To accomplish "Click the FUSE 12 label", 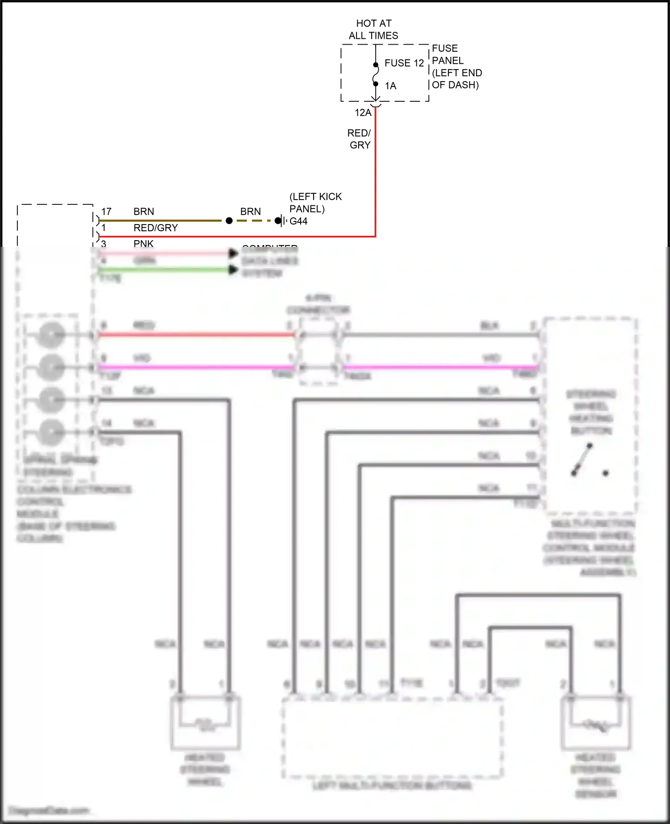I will tap(404, 63).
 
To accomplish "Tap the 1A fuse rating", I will tap(390, 86).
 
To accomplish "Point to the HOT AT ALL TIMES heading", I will tap(373, 29).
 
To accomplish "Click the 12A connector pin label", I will tap(363, 113).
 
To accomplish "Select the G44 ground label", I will tap(298, 221).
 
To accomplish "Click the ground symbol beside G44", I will tap(281, 221).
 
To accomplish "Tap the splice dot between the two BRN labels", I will tap(229, 221).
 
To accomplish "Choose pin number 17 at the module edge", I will tap(106, 212).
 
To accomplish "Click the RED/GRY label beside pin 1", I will tap(155, 228).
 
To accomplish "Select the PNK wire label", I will tap(143, 244).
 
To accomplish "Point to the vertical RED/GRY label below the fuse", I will tap(360, 139).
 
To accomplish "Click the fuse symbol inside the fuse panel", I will tap(376, 74).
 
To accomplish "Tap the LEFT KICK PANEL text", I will tap(315, 203).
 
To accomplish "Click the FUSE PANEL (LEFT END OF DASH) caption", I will tap(456, 67).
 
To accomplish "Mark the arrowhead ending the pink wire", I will tap(233, 254).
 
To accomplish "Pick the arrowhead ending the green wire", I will tap(233, 270).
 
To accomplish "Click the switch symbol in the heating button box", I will tap(582, 460).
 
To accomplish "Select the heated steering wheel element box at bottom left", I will tap(205, 723).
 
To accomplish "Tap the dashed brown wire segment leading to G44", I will tap(254, 221).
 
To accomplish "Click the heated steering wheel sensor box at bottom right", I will tap(595, 723).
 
